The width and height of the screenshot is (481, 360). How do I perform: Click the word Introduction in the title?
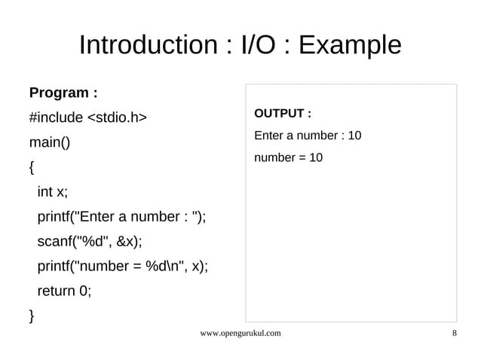click(147, 45)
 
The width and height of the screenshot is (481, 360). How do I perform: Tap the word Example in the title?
click(350, 45)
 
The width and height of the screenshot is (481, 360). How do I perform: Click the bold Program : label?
click(63, 93)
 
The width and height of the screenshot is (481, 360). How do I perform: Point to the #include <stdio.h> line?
click(87, 117)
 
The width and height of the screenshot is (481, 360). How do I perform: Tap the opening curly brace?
click(32, 167)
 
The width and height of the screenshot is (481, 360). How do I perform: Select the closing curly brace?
click(32, 315)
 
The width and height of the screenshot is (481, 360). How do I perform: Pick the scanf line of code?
click(89, 242)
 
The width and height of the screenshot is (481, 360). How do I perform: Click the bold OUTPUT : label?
click(283, 114)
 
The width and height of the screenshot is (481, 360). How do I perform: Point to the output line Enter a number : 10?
click(308, 136)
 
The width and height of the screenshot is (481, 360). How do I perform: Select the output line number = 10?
click(289, 157)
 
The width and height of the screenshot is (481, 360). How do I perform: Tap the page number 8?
click(454, 332)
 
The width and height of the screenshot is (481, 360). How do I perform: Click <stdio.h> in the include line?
click(117, 117)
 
